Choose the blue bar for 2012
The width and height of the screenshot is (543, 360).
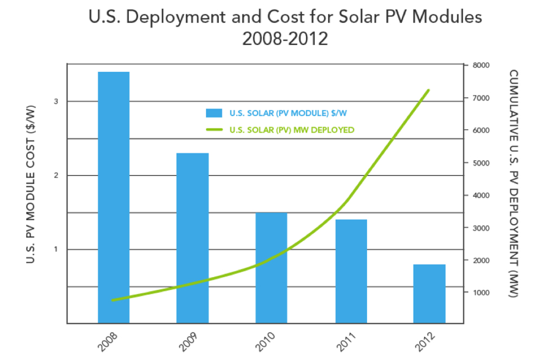pos(430,294)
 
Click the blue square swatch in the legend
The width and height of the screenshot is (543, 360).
pos(214,113)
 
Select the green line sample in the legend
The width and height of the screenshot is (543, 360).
pos(214,130)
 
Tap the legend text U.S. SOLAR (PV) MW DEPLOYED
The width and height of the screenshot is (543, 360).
pos(292,130)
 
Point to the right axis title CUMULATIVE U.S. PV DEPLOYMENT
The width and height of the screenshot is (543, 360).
pos(513,184)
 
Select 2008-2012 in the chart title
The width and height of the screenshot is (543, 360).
pos(285,39)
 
